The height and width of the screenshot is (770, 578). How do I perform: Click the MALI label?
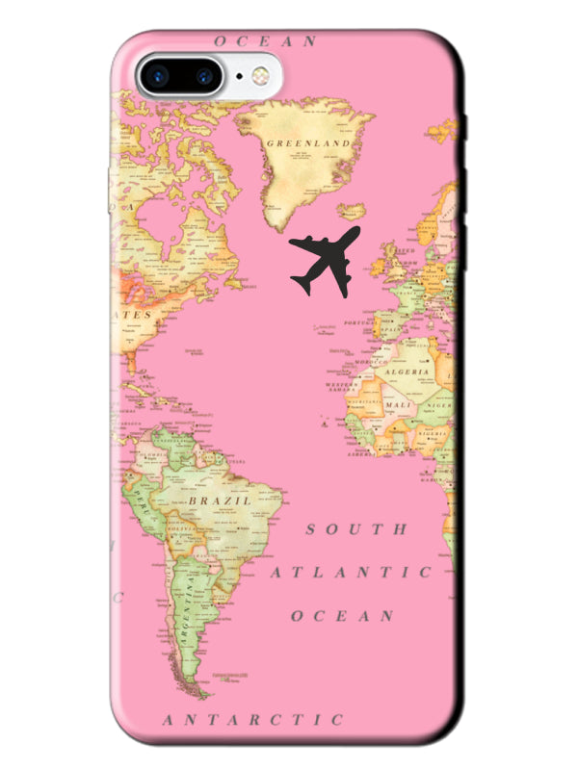click(x=397, y=406)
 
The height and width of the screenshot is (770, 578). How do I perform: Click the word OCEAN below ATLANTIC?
click(x=343, y=615)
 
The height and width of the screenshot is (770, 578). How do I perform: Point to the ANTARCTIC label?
click(x=252, y=719)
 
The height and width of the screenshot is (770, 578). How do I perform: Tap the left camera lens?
click(x=158, y=75)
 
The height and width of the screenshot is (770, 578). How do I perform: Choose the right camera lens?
click(x=203, y=75)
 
